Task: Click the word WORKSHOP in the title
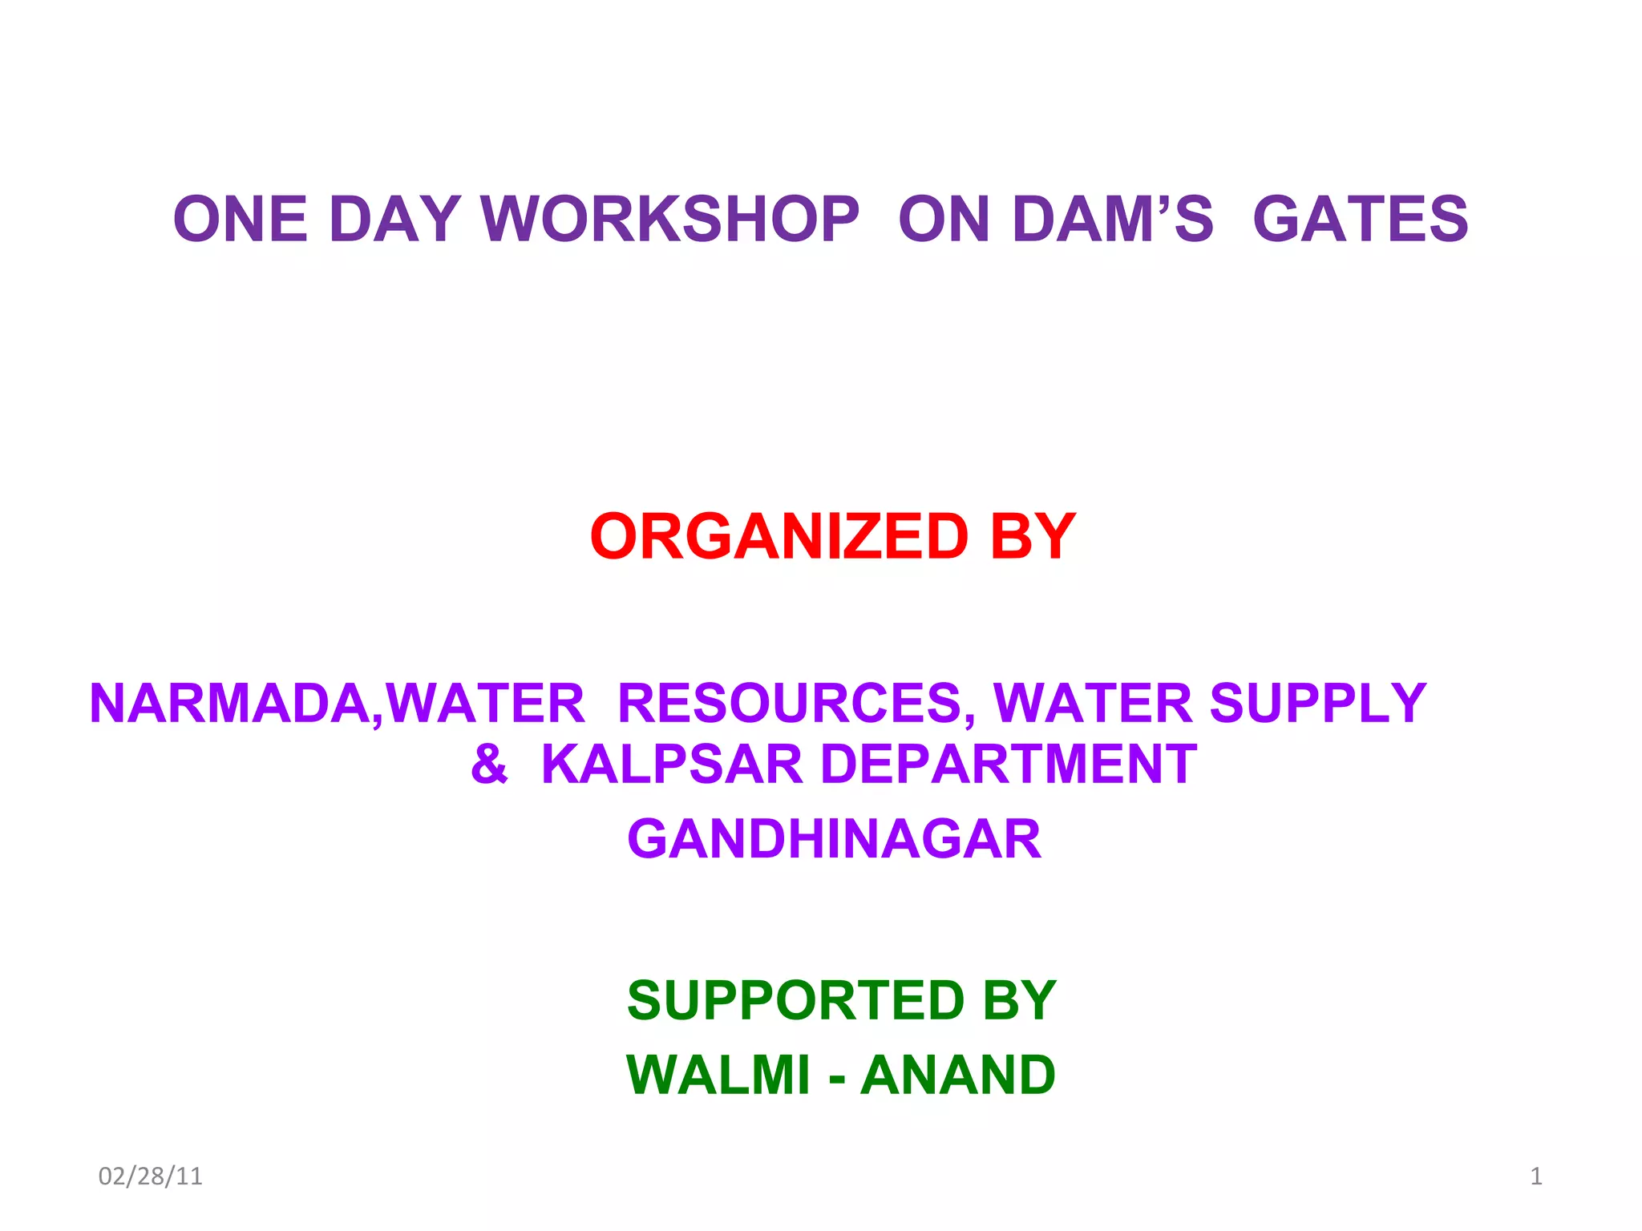669,219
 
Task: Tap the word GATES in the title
1360,219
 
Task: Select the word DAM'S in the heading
1113,219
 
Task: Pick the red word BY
1033,536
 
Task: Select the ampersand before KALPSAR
489,764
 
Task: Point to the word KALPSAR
672,764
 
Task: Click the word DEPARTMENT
1009,764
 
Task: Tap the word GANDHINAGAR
834,839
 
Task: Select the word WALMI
718,1075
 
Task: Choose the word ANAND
957,1075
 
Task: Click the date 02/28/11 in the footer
150,1176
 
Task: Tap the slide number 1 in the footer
1536,1176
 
